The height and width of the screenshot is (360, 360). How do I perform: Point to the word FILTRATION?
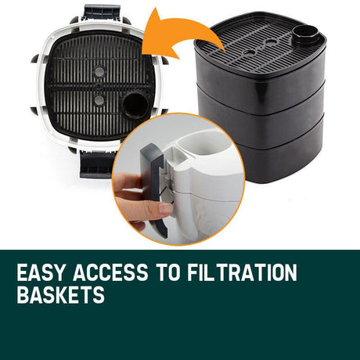[243, 272]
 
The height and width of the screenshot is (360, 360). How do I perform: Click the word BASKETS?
[60, 294]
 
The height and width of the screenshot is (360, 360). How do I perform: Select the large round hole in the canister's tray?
[135, 106]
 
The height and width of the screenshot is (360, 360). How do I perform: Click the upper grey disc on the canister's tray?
[99, 71]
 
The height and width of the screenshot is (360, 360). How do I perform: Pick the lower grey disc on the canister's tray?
[99, 100]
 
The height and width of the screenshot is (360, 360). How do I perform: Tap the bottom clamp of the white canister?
[96, 164]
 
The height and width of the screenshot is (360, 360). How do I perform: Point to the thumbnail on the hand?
[165, 209]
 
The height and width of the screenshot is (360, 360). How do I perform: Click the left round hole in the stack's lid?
[250, 52]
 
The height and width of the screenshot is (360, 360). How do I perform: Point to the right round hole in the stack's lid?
[270, 41]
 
